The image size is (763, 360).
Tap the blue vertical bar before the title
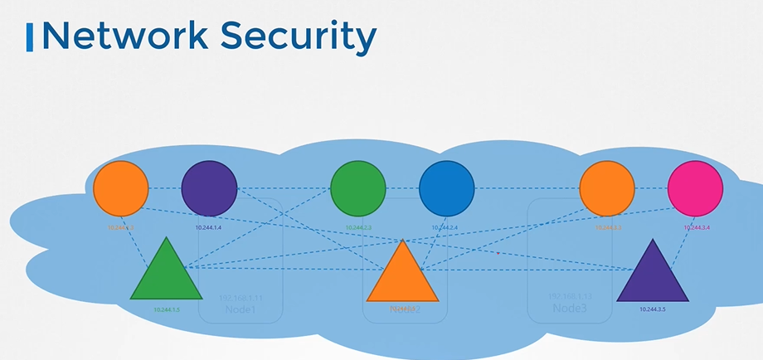tap(30, 37)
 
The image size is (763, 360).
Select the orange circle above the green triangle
tap(120, 188)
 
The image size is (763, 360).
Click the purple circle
tap(209, 188)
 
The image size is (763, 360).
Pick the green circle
tap(358, 188)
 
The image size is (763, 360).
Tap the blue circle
tap(447, 188)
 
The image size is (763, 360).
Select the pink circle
tap(695, 188)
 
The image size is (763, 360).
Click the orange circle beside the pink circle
tap(607, 188)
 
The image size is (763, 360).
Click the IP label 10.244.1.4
tap(208, 227)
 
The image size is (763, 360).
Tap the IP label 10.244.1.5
tap(167, 309)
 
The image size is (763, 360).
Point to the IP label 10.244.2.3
tap(357, 227)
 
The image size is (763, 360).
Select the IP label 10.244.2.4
tap(445, 227)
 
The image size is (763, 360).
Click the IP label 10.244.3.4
tap(697, 227)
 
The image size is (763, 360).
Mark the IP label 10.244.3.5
tap(653, 309)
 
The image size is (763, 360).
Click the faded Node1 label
tap(241, 309)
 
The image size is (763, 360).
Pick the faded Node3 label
tap(570, 309)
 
